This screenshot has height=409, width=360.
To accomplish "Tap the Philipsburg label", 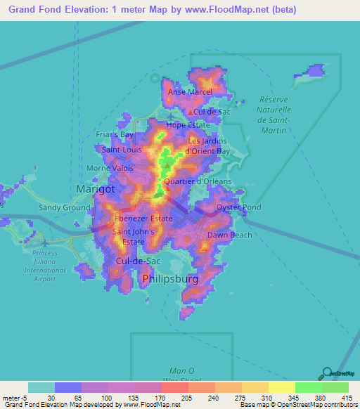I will (169, 279).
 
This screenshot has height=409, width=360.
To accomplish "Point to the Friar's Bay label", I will (115, 134).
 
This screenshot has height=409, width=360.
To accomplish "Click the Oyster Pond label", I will (239, 207).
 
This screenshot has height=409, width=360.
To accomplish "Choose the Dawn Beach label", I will (229, 235).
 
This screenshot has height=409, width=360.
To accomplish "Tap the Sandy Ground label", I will (64, 207).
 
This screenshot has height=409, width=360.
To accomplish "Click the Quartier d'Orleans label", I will (197, 181).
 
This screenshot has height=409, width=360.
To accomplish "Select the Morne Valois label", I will (105, 168).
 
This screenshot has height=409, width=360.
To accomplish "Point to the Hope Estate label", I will (188, 124).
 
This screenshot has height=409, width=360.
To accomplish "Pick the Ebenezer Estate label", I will (143, 219).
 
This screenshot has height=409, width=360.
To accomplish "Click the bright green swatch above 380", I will (308, 387).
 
